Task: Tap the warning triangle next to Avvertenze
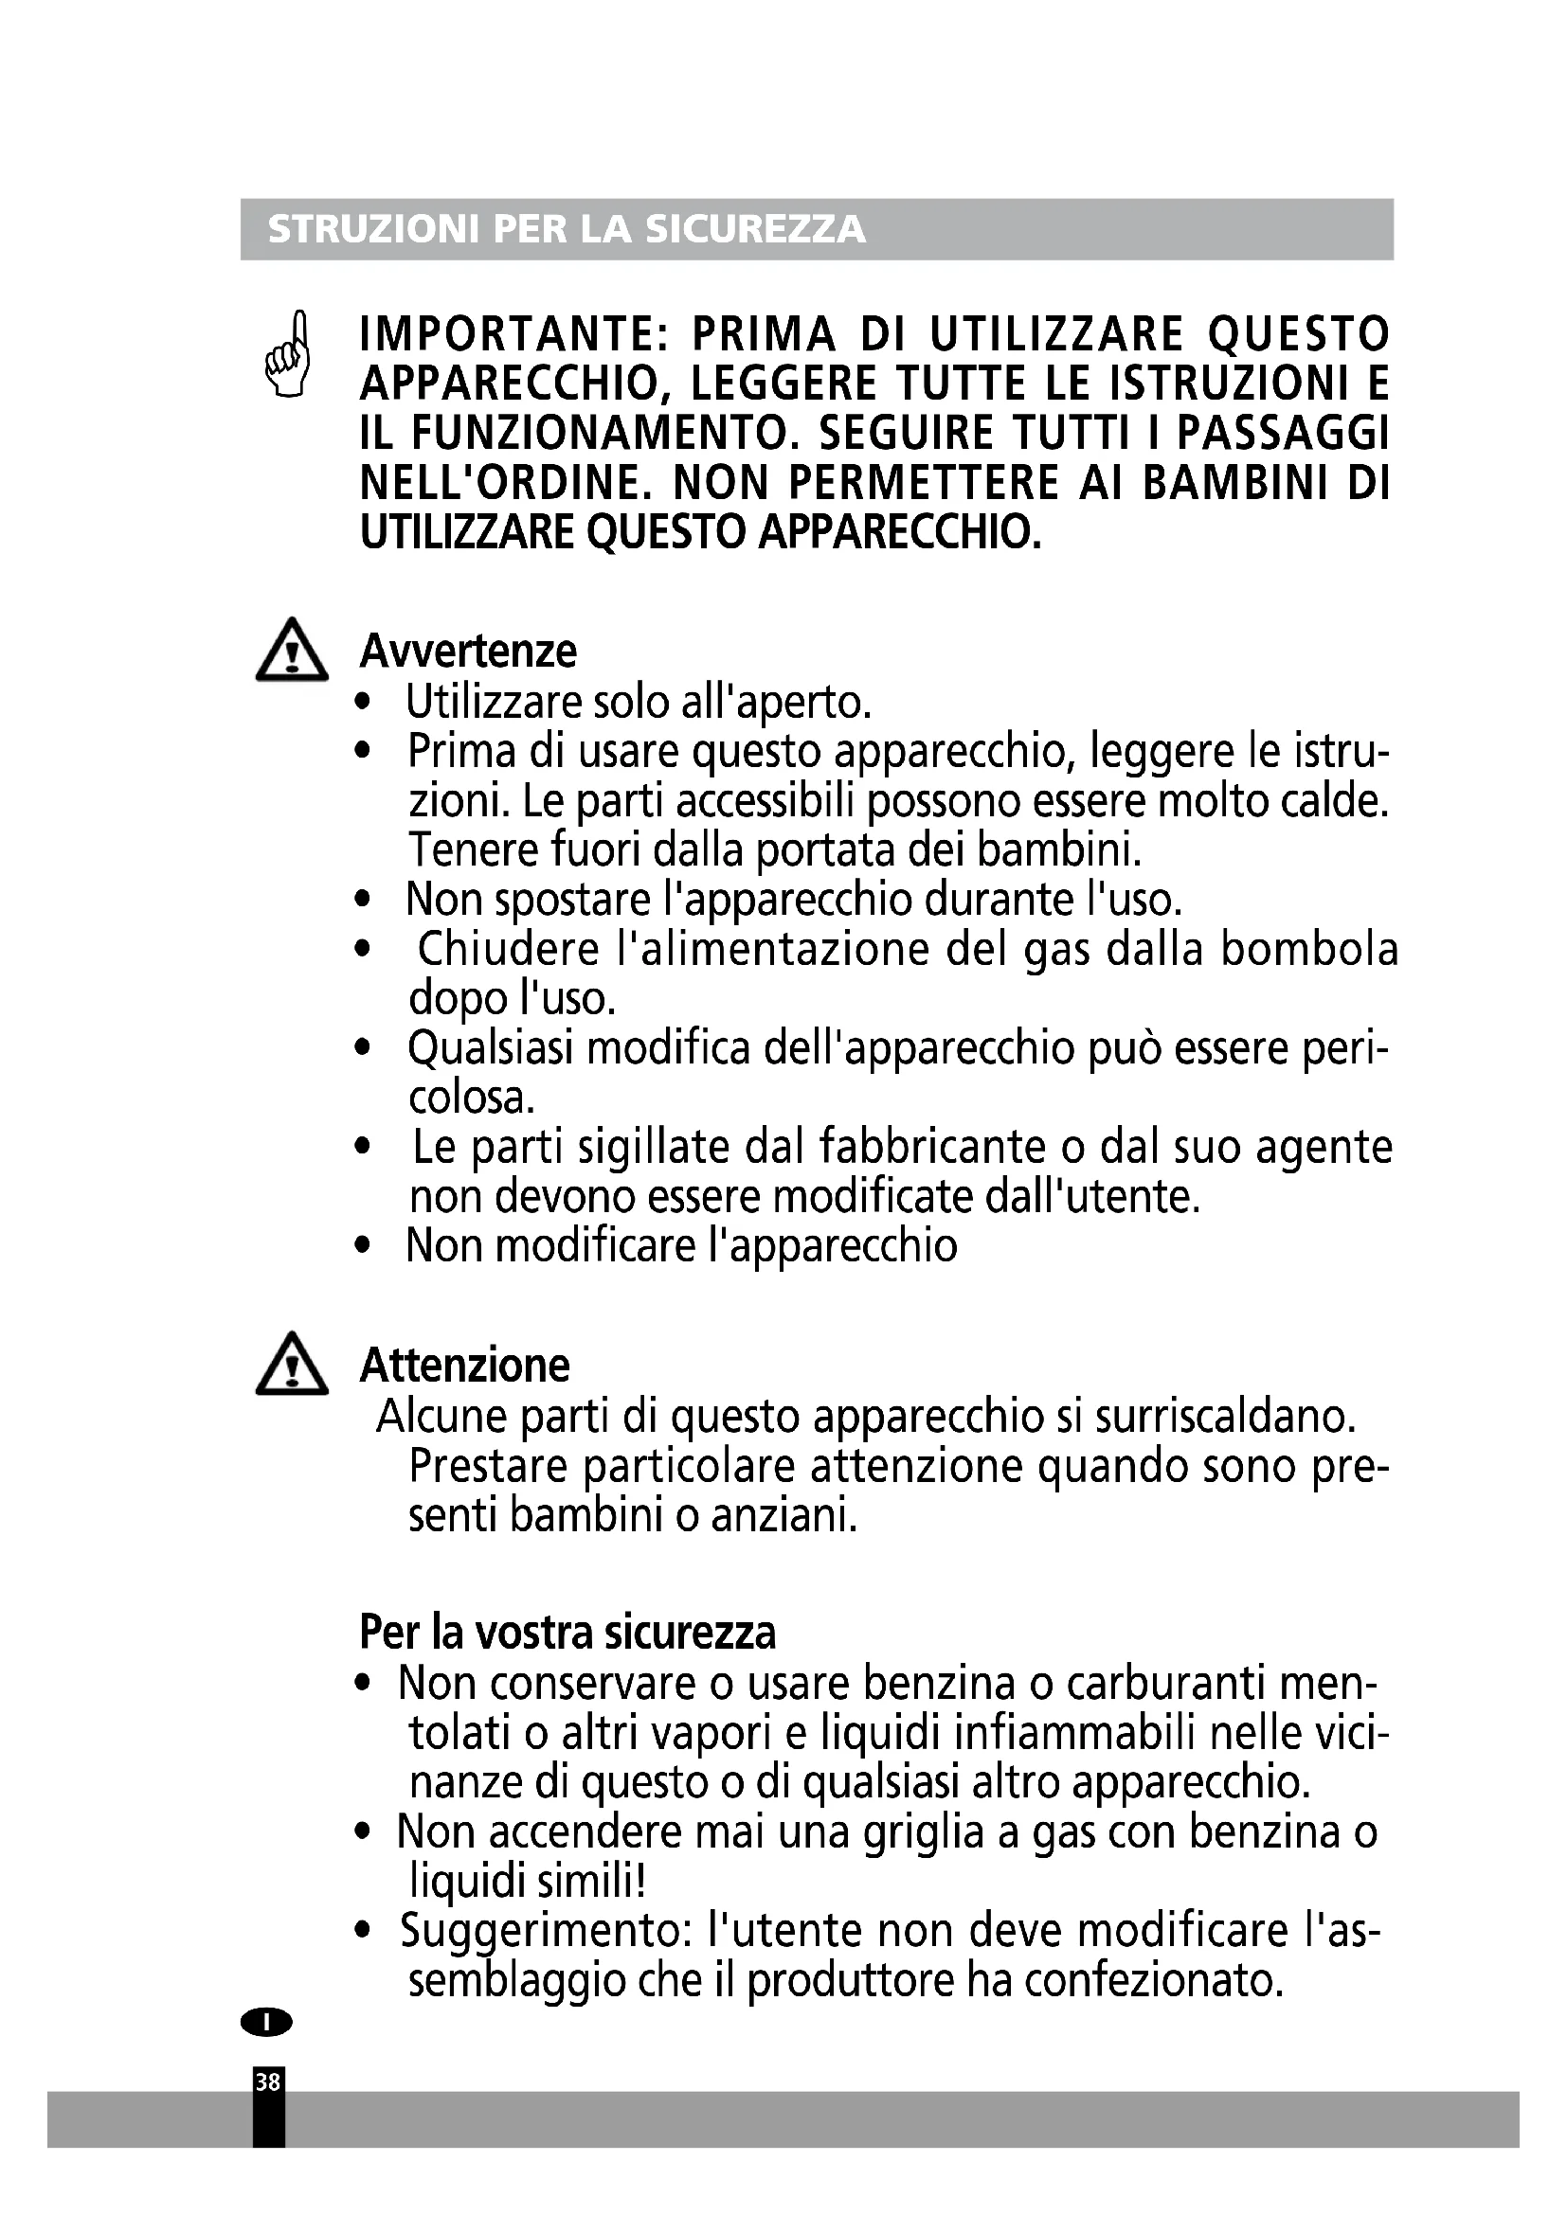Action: click(292, 651)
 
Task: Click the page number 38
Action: click(267, 2081)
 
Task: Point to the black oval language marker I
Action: click(266, 2021)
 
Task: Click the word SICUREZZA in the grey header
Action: click(755, 229)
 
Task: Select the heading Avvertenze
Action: click(468, 652)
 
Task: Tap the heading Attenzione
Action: click(464, 1366)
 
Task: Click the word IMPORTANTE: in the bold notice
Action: click(514, 334)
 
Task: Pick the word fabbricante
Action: click(932, 1147)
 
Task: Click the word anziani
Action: click(783, 1515)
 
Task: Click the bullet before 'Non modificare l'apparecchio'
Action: click(363, 1245)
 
